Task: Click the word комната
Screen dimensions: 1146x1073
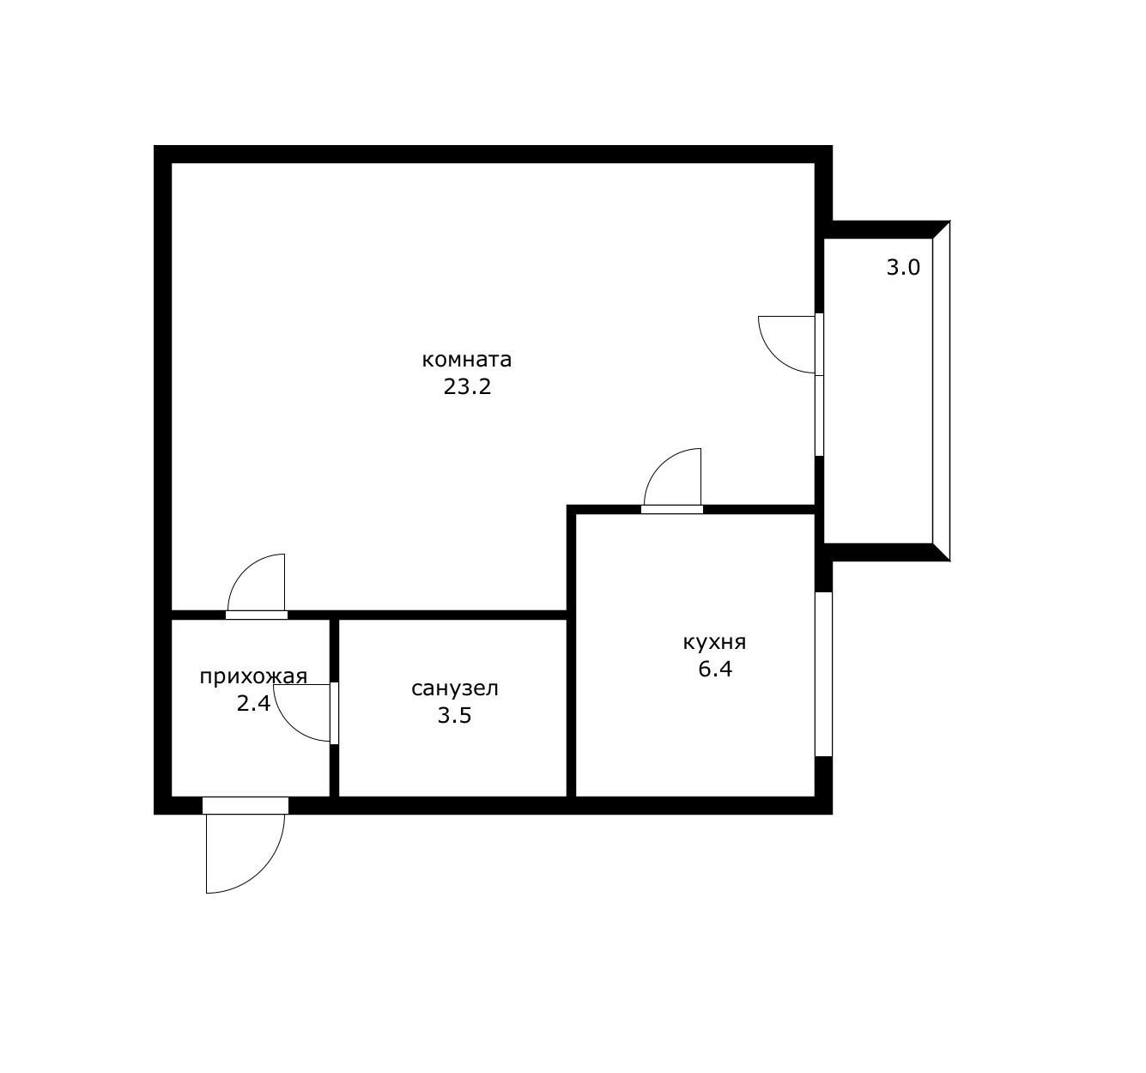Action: [x=466, y=360]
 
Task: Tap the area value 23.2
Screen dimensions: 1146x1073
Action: [x=467, y=387]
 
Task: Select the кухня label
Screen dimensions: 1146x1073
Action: [x=714, y=642]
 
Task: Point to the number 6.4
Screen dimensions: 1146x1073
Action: [x=715, y=669]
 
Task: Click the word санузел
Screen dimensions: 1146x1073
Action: [x=455, y=688]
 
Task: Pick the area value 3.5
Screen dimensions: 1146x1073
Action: [x=455, y=716]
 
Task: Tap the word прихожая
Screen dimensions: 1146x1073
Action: [x=253, y=676]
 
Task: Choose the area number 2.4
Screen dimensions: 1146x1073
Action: [x=253, y=704]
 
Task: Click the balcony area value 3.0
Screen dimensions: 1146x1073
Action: [x=903, y=267]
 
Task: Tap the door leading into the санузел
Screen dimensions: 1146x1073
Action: [x=302, y=713]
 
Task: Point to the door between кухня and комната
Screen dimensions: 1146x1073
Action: [x=671, y=481]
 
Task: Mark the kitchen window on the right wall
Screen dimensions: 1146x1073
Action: [x=824, y=674]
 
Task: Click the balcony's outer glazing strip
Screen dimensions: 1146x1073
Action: [x=941, y=391]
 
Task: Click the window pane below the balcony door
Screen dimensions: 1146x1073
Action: [x=820, y=415]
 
